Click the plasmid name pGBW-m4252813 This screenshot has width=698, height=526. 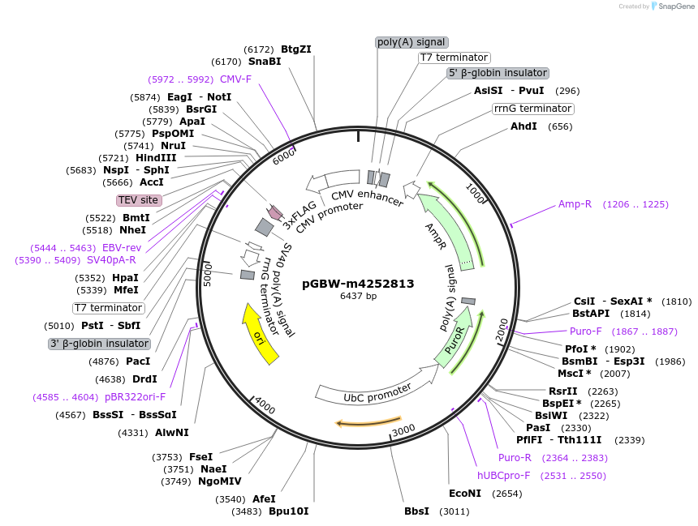(358, 284)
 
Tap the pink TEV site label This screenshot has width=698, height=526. (139, 200)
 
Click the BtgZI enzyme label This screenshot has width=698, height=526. (296, 49)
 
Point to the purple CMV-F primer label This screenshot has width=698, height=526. (235, 79)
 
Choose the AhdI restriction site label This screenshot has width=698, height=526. (523, 126)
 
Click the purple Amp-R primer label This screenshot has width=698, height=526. (575, 204)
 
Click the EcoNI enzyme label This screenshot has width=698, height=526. (465, 493)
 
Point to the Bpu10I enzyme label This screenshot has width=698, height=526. (288, 511)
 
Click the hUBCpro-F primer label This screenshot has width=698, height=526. (503, 476)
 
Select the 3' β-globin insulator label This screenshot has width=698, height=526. (99, 344)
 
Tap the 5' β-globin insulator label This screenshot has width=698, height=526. (498, 73)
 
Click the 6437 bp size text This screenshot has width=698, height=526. (358, 297)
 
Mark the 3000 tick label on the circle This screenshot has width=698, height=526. (403, 430)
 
